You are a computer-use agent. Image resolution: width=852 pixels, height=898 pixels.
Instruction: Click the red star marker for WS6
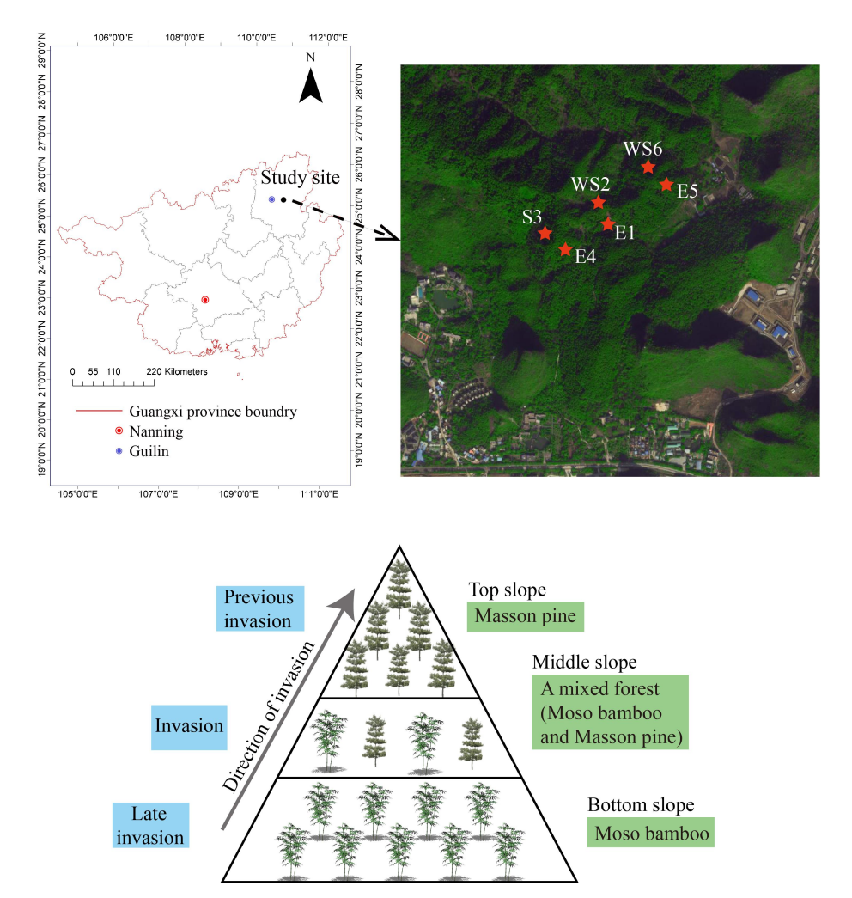pyautogui.click(x=648, y=167)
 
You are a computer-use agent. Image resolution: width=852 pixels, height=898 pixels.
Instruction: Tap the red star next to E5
pyautogui.click(x=666, y=184)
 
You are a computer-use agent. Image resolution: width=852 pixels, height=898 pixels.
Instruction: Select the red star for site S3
pyautogui.click(x=545, y=233)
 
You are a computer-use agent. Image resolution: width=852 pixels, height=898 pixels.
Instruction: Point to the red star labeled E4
pyautogui.click(x=565, y=249)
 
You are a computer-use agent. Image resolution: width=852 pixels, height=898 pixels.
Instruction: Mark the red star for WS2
pyautogui.click(x=599, y=202)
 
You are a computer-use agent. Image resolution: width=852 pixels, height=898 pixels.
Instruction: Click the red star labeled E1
pyautogui.click(x=608, y=223)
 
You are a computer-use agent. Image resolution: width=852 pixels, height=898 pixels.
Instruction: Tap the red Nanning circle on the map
pyautogui.click(x=205, y=300)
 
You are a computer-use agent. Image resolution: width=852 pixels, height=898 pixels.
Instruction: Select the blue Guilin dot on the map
pyautogui.click(x=271, y=199)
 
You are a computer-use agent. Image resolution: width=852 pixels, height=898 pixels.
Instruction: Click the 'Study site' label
pyautogui.click(x=301, y=179)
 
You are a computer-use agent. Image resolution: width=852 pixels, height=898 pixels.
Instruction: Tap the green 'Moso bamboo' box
pyautogui.click(x=651, y=833)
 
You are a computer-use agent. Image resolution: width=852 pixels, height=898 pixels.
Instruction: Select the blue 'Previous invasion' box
pyautogui.click(x=259, y=608)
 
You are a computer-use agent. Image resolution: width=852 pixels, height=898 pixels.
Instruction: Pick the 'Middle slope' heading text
pyautogui.click(x=585, y=662)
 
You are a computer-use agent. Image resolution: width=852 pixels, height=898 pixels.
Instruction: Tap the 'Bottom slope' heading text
pyautogui.click(x=641, y=805)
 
